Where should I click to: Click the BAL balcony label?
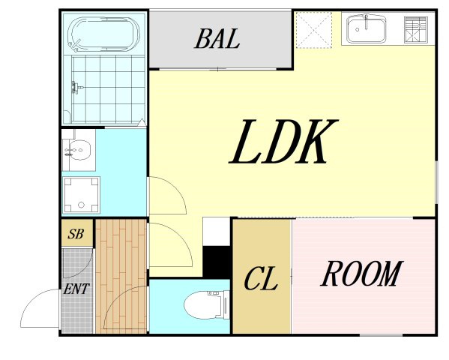[217, 39]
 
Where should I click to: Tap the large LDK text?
[283, 142]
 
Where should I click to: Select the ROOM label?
[362, 274]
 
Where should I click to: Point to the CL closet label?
[261, 278]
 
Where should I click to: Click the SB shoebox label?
[76, 234]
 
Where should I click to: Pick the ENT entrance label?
[76, 289]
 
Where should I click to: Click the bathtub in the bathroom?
[103, 34]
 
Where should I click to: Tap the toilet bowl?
[205, 304]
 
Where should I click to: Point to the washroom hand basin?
[79, 150]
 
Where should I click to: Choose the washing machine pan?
[81, 195]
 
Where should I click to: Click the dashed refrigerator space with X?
[314, 30]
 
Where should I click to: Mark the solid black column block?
[217, 262]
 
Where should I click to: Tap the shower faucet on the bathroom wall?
[76, 87]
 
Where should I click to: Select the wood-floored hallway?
[121, 276]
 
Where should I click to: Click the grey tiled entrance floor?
[78, 291]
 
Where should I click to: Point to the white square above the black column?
[217, 232]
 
